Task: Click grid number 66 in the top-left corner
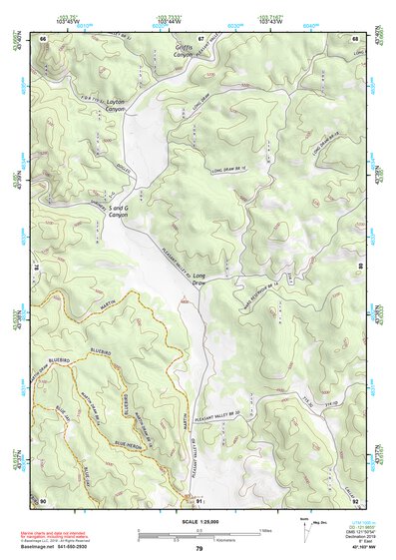(x=43, y=38)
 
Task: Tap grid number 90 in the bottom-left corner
(x=43, y=499)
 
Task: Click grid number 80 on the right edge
(x=360, y=268)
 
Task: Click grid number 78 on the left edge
(x=37, y=268)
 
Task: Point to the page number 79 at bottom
(x=198, y=548)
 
